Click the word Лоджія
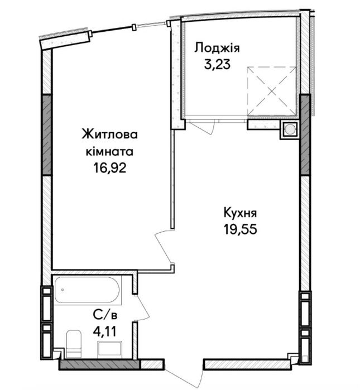point(217,48)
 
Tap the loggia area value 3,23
point(217,64)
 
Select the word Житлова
point(109,135)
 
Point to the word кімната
point(109,151)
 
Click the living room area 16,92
point(109,168)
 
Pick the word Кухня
point(240,213)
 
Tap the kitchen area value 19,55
point(240,229)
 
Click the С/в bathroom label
point(105,315)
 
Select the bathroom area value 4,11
point(105,331)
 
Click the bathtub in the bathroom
point(88,290)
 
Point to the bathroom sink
point(109,349)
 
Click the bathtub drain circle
point(63,290)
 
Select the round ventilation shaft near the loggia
point(289,129)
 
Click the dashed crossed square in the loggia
point(272,92)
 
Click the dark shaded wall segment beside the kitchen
point(305,134)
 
